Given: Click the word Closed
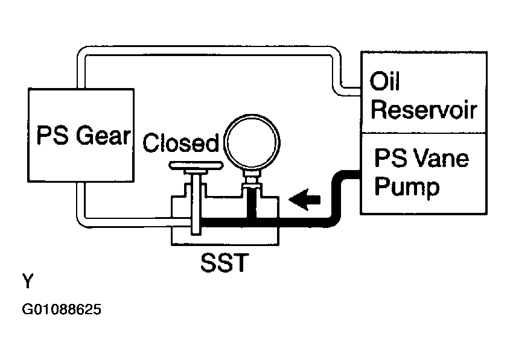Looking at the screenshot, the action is tap(181, 143).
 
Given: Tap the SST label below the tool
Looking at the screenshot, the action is tap(225, 262).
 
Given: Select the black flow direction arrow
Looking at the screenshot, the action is tap(304, 200).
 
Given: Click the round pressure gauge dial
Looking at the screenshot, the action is tap(252, 142).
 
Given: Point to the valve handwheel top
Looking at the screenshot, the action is tap(196, 166).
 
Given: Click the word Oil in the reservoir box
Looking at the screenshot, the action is tap(384, 81).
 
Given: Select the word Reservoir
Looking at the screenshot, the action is tap(424, 110).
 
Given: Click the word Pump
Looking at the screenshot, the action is tap(407, 187).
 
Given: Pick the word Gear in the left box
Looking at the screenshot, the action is tap(103, 135).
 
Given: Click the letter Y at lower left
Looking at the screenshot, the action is tap(28, 281).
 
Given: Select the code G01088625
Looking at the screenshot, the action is tap(62, 309).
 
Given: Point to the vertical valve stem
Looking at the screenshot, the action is tap(196, 204).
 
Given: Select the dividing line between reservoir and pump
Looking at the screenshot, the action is tap(424, 133).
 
